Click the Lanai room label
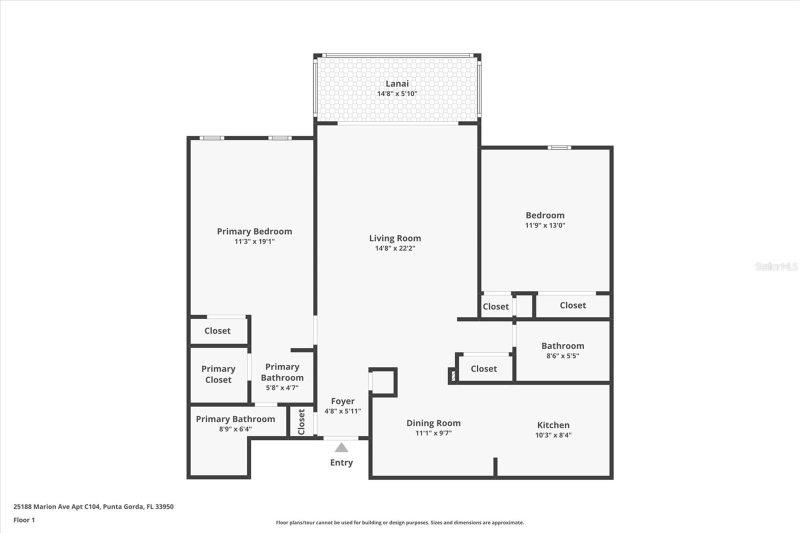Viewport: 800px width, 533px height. (x=397, y=83)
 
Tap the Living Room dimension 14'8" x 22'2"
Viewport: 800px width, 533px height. (x=395, y=248)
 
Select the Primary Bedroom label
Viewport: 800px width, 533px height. (x=254, y=231)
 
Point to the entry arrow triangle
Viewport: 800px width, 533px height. (x=341, y=447)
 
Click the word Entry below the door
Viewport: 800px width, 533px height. (x=341, y=462)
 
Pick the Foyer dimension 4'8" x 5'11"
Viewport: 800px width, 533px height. (x=342, y=411)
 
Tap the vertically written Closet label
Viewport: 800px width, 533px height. (x=301, y=421)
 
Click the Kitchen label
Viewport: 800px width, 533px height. (x=553, y=425)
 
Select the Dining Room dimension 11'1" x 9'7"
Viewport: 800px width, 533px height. (x=433, y=433)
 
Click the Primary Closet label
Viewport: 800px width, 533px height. (x=218, y=374)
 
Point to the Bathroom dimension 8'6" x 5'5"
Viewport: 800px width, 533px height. (x=562, y=356)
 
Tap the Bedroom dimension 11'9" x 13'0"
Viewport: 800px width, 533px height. (x=545, y=225)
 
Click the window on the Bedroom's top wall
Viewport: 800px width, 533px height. (x=558, y=147)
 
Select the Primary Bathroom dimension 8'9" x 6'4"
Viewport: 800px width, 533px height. (x=235, y=429)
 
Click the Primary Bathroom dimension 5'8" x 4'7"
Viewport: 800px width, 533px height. (x=282, y=387)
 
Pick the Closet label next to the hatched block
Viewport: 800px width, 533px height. (x=483, y=368)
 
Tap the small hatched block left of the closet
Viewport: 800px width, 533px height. (x=453, y=375)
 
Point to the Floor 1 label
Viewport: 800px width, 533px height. (x=24, y=520)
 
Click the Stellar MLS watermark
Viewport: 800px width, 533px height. (x=776, y=266)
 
